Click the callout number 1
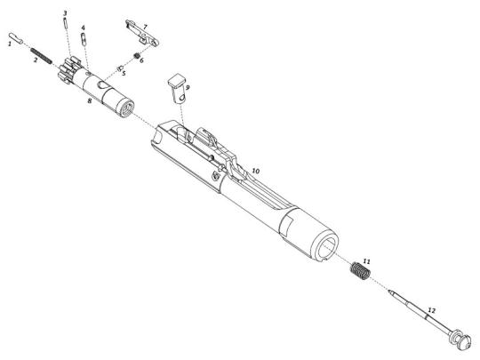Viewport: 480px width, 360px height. click(10, 44)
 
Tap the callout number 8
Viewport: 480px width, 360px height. click(90, 100)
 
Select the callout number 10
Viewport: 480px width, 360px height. click(256, 171)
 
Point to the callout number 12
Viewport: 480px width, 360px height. click(431, 311)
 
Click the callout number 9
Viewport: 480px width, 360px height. click(188, 87)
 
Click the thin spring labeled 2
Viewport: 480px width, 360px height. click(41, 56)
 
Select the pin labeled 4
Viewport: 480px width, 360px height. click(84, 39)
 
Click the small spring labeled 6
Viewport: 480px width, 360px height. click(137, 56)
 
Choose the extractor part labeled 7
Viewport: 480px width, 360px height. click(142, 34)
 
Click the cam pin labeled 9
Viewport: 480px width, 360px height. click(179, 91)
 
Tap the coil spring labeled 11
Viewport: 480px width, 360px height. click(360, 270)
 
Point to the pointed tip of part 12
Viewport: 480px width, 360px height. click(390, 292)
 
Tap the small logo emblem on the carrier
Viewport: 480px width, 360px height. click(216, 176)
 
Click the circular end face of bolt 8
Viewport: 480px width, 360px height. click(126, 109)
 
